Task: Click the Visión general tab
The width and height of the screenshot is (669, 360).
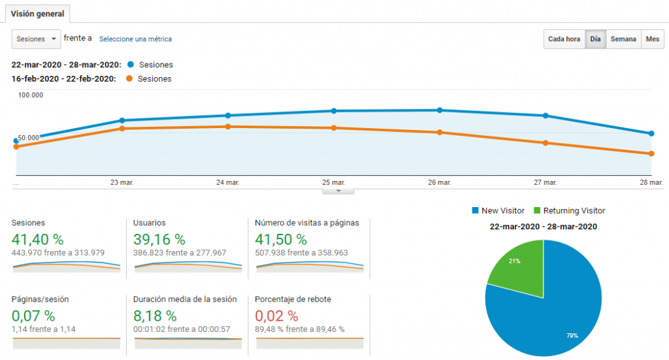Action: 37,14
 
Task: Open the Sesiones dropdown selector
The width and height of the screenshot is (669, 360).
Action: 37,39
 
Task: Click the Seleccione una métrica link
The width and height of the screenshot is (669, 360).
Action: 135,39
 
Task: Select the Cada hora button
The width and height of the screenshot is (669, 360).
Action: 564,39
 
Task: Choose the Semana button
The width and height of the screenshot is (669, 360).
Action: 623,39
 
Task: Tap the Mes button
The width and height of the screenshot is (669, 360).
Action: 653,39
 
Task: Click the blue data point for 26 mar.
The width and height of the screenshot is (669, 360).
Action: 440,110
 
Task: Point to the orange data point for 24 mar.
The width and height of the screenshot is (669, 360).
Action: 228,127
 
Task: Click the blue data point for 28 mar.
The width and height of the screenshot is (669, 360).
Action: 651,133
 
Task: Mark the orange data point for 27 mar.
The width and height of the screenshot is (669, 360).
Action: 546,143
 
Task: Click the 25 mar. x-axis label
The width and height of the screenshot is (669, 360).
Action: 334,182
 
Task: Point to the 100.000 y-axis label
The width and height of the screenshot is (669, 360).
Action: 30,95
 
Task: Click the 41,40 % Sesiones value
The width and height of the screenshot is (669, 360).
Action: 37,239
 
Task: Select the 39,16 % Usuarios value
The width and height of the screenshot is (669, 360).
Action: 159,239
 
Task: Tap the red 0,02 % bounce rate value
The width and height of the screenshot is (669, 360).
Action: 276,316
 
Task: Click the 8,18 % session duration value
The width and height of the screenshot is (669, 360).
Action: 155,316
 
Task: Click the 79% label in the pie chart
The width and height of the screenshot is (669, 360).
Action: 572,336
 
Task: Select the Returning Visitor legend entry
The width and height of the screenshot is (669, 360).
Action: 569,211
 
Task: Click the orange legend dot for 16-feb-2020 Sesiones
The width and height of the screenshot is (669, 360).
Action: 129,78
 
